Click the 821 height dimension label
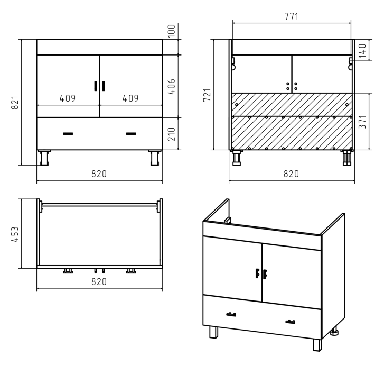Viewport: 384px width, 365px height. pos(15,103)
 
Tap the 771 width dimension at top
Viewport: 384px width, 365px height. pos(292,16)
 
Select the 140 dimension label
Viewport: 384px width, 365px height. pos(362,51)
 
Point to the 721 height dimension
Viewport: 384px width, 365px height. pos(207,95)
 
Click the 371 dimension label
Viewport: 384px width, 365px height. pos(362,122)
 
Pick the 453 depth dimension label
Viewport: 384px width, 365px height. pos(15,234)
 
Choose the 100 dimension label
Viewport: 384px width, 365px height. pos(172,31)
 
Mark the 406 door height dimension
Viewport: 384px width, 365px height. pos(172,87)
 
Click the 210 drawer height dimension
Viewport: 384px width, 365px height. pos(172,134)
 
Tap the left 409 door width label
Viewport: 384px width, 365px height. pos(68,98)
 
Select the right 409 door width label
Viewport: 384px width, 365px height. pos(130,98)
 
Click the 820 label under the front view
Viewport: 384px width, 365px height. pos(99,174)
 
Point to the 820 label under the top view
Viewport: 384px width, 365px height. pos(99,281)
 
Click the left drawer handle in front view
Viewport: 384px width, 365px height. pos(68,134)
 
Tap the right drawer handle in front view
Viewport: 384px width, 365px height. pos(131,134)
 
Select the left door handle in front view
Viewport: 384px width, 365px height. pos(96,86)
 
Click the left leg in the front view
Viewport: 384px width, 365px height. pos(44,158)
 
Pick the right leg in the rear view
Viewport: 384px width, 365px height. pos(347,158)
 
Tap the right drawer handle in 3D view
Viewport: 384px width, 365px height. pos(290,322)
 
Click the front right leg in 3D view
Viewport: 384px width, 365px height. pos(317,345)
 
